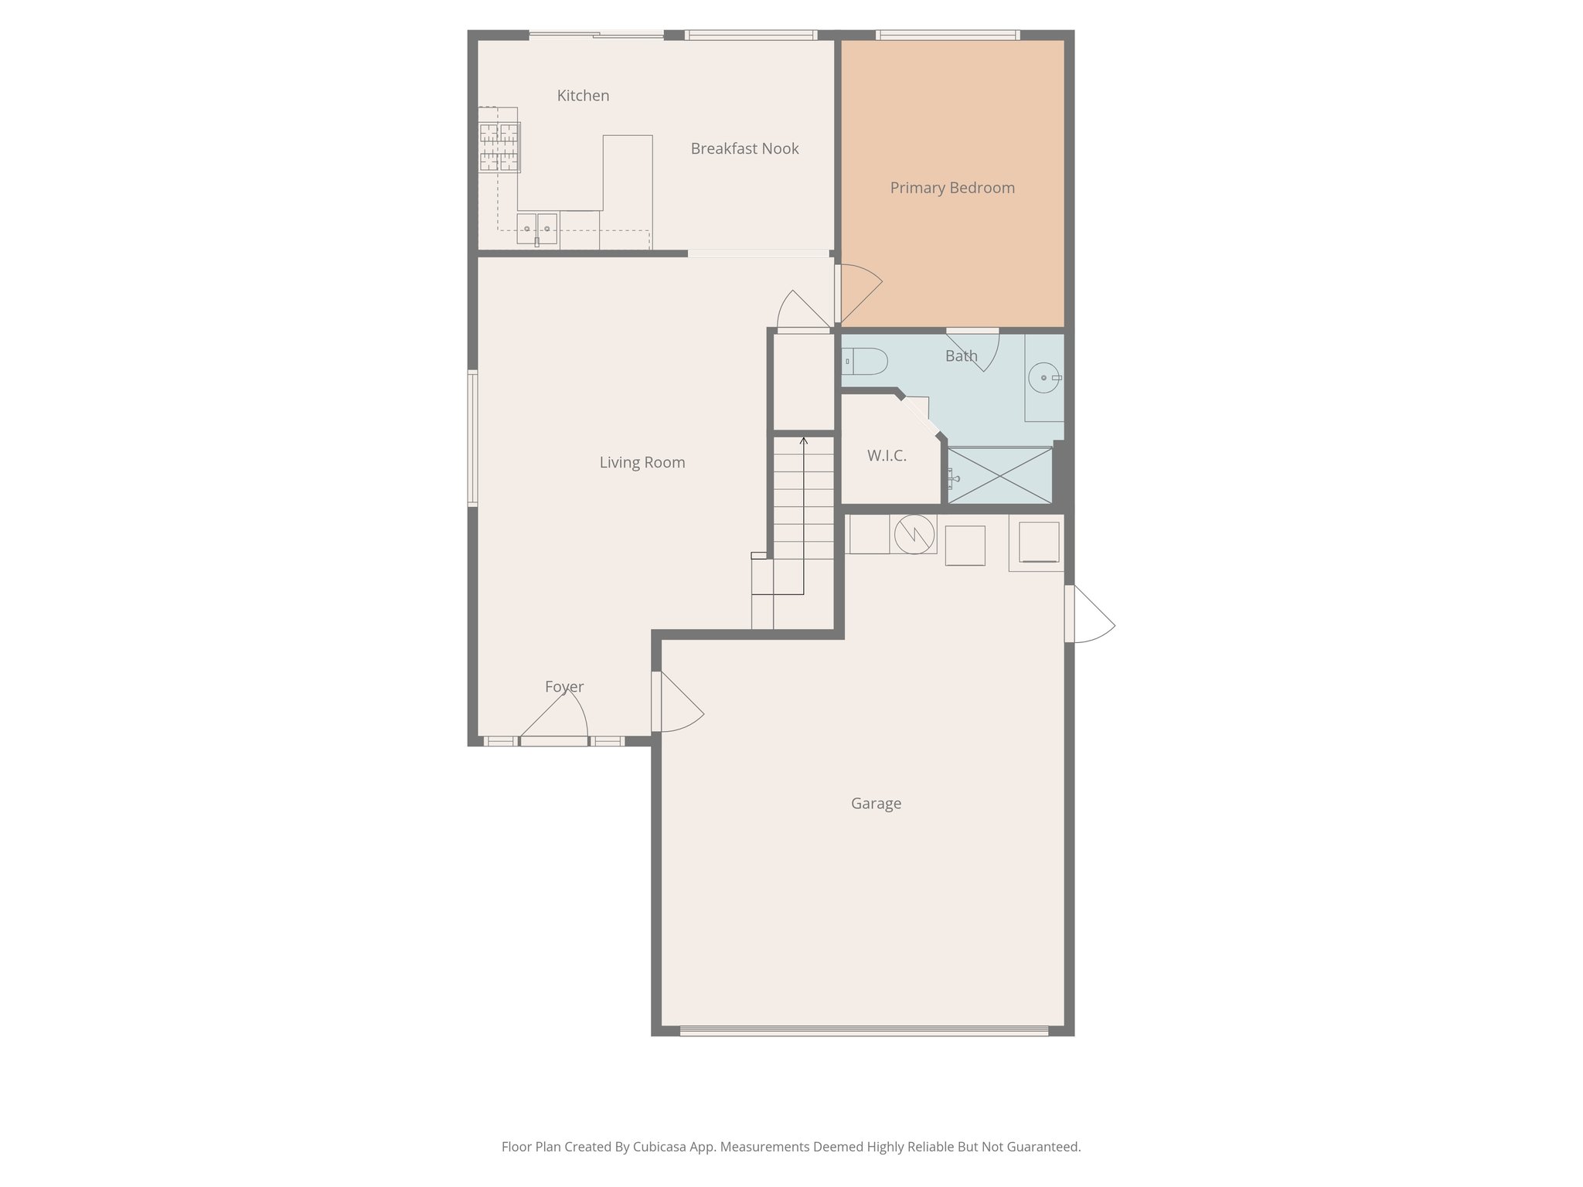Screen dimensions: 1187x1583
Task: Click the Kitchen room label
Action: [583, 96]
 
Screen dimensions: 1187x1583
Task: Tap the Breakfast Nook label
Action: [744, 148]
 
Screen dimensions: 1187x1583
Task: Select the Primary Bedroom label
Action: [952, 188]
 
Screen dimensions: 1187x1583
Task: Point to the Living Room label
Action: [642, 462]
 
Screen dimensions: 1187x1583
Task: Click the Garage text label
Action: [876, 804]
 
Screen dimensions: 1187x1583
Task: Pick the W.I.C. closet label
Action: [886, 456]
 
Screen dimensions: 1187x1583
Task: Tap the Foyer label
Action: [563, 686]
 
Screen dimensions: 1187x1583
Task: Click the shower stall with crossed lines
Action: [999, 475]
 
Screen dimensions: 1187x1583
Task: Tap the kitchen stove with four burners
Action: [499, 147]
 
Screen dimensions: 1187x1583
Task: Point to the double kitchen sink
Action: [537, 229]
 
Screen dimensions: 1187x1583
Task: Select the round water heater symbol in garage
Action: [914, 534]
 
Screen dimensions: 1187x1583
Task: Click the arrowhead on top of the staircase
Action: [803, 441]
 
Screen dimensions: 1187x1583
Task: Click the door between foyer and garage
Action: [677, 702]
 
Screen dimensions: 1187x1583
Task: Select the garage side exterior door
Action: [1089, 614]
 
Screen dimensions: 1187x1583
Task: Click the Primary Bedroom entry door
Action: [859, 294]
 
